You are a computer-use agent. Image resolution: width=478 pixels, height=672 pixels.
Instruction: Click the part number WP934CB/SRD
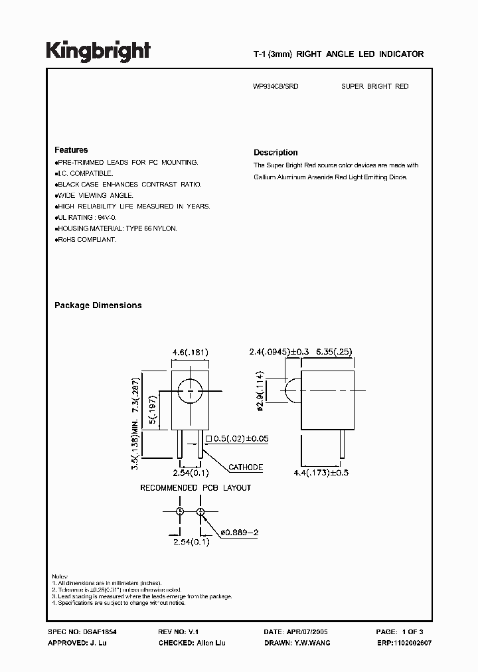click(x=276, y=86)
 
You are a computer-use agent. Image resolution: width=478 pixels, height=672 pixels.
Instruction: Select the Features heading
click(x=71, y=150)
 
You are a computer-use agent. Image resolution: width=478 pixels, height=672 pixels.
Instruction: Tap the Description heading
click(x=276, y=152)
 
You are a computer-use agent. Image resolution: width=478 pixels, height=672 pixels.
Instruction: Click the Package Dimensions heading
click(x=98, y=305)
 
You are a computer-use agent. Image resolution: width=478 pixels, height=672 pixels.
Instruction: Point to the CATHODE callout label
click(x=246, y=467)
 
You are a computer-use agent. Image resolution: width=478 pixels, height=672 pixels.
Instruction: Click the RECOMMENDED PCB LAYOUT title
click(x=195, y=488)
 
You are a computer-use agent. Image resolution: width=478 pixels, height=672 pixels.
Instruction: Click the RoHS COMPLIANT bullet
click(x=87, y=239)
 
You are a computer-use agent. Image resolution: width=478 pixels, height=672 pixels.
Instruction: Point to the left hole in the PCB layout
click(x=179, y=511)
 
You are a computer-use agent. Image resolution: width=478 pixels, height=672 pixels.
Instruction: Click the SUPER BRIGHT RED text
click(x=375, y=86)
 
